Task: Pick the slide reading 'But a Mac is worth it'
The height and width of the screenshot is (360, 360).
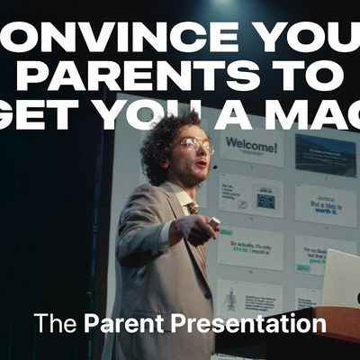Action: [324, 205]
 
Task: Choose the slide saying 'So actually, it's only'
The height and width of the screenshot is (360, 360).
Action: [249, 248]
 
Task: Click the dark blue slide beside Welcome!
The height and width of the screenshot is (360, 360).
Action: [324, 153]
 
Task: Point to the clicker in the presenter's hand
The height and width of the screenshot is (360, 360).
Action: [213, 221]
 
